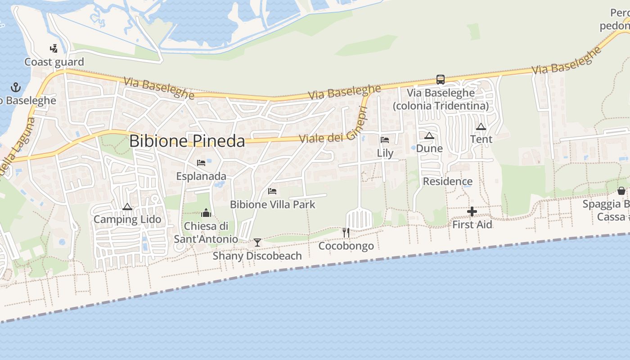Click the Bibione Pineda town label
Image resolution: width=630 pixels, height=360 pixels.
(187, 141)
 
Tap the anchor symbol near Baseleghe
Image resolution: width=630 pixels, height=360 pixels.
(16, 87)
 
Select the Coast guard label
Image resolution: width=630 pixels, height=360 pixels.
(54, 62)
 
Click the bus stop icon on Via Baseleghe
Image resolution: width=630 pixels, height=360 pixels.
(440, 80)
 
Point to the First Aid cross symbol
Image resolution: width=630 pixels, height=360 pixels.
(472, 211)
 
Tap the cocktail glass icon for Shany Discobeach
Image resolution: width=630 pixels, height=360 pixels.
(257, 243)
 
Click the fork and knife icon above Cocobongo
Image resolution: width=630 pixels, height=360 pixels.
(346, 233)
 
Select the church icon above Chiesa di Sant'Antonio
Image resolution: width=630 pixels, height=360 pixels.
(206, 212)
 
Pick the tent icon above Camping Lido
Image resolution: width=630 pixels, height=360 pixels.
(127, 207)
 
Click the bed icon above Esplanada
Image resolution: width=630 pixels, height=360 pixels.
(201, 162)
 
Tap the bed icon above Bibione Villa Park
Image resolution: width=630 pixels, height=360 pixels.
(272, 191)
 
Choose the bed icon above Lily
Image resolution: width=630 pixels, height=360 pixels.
(385, 139)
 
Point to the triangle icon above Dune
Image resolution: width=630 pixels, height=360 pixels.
(429, 135)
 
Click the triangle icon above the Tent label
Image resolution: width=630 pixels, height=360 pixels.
(481, 126)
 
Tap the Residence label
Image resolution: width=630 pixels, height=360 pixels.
(447, 181)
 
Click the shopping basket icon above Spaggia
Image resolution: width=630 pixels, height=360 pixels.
(621, 191)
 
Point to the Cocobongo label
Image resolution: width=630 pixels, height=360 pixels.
(346, 246)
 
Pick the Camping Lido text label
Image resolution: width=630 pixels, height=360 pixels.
(127, 220)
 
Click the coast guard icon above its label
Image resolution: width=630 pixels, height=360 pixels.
(54, 48)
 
